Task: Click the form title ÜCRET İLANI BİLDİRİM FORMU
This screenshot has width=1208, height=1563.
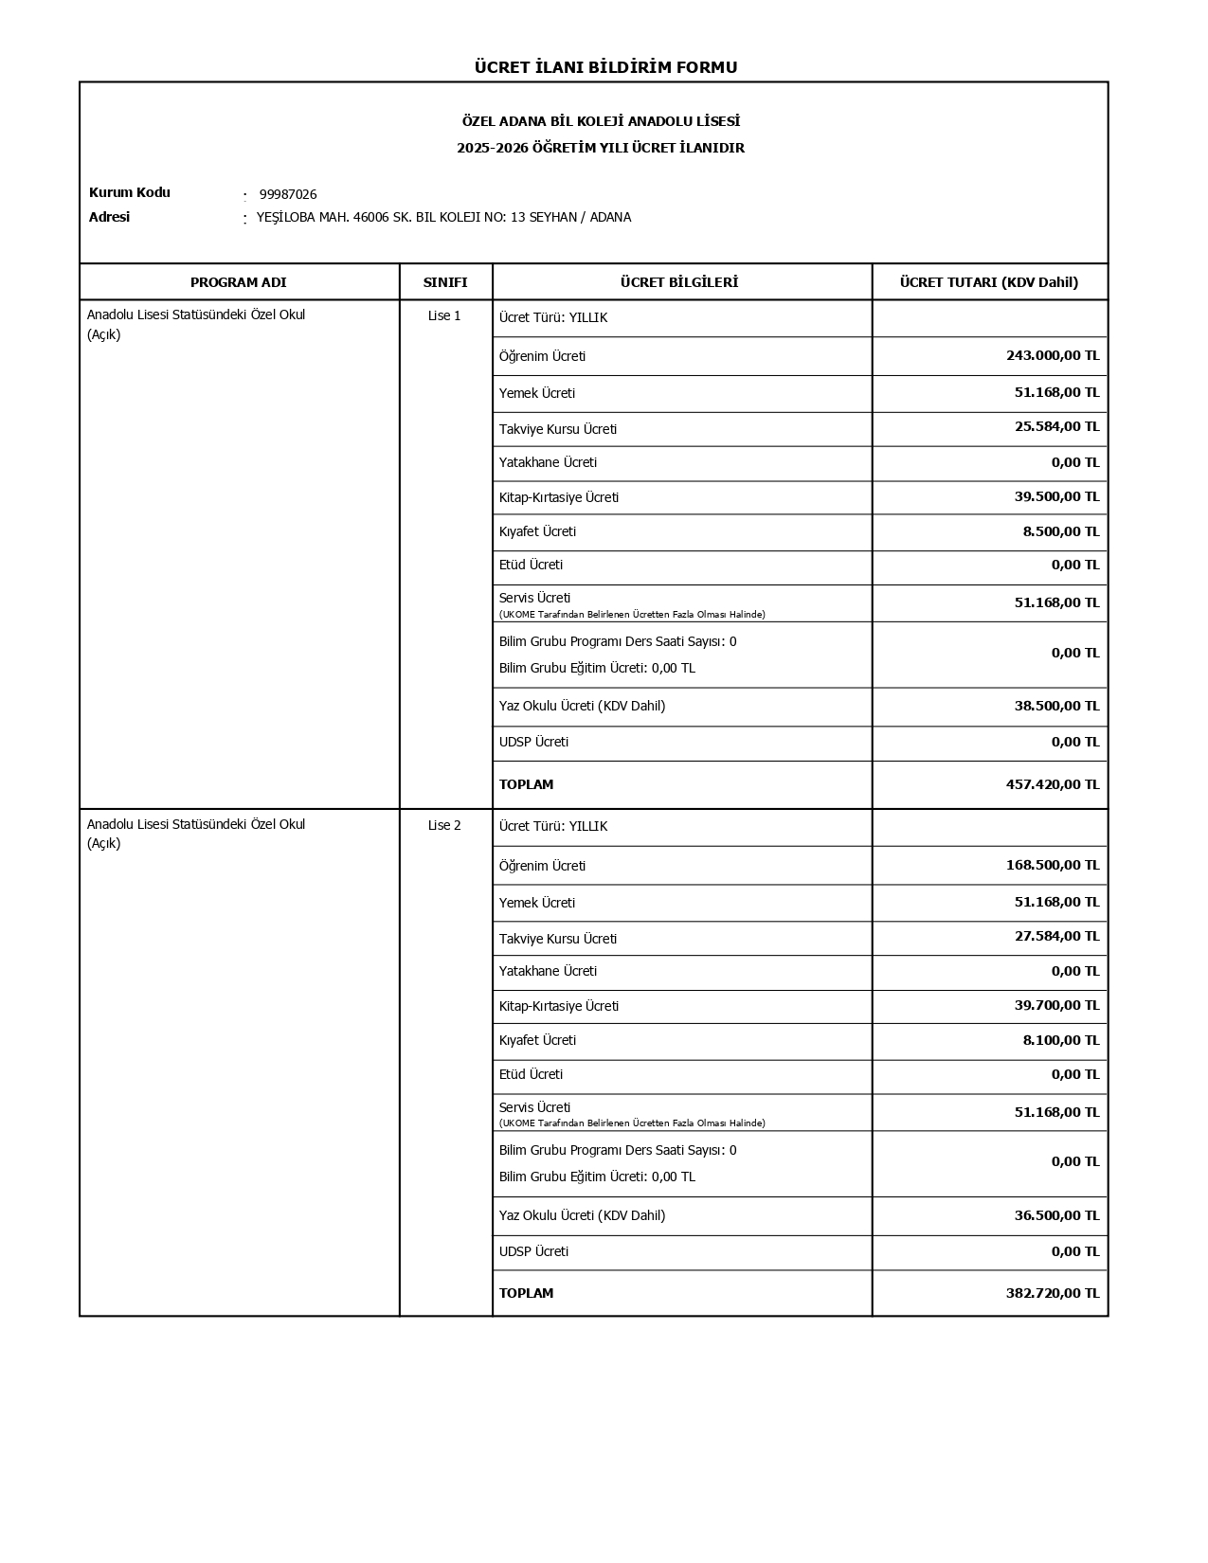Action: click(x=605, y=67)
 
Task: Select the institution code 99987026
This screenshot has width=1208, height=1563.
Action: click(x=288, y=195)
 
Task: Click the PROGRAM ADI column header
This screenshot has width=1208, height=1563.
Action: click(x=238, y=282)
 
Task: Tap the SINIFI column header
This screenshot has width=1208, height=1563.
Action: click(x=445, y=282)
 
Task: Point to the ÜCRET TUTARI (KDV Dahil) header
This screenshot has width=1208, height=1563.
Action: click(x=988, y=282)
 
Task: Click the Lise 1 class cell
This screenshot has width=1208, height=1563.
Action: click(x=444, y=316)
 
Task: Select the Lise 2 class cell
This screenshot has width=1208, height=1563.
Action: click(x=444, y=826)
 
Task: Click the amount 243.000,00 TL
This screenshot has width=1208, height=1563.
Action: click(x=1052, y=356)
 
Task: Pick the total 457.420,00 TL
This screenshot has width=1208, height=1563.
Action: click(x=1052, y=784)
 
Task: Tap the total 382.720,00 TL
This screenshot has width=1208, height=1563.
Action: click(x=1052, y=1293)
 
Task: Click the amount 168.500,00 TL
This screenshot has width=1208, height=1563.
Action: click(x=1052, y=865)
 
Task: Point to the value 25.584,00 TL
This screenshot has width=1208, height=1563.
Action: click(x=1056, y=427)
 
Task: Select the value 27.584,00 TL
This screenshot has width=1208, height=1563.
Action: click(x=1056, y=937)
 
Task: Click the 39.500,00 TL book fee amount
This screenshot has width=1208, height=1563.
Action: click(x=1056, y=497)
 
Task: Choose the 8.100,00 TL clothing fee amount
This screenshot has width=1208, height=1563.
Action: click(x=1060, y=1040)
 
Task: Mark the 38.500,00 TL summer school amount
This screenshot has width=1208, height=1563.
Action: click(x=1056, y=707)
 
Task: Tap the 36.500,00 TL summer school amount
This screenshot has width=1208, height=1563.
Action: click(x=1056, y=1215)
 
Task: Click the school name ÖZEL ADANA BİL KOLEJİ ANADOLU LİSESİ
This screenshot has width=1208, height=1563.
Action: click(x=601, y=122)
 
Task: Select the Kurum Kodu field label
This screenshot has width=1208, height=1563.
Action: click(x=130, y=193)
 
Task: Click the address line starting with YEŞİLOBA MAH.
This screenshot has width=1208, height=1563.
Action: click(x=443, y=218)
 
